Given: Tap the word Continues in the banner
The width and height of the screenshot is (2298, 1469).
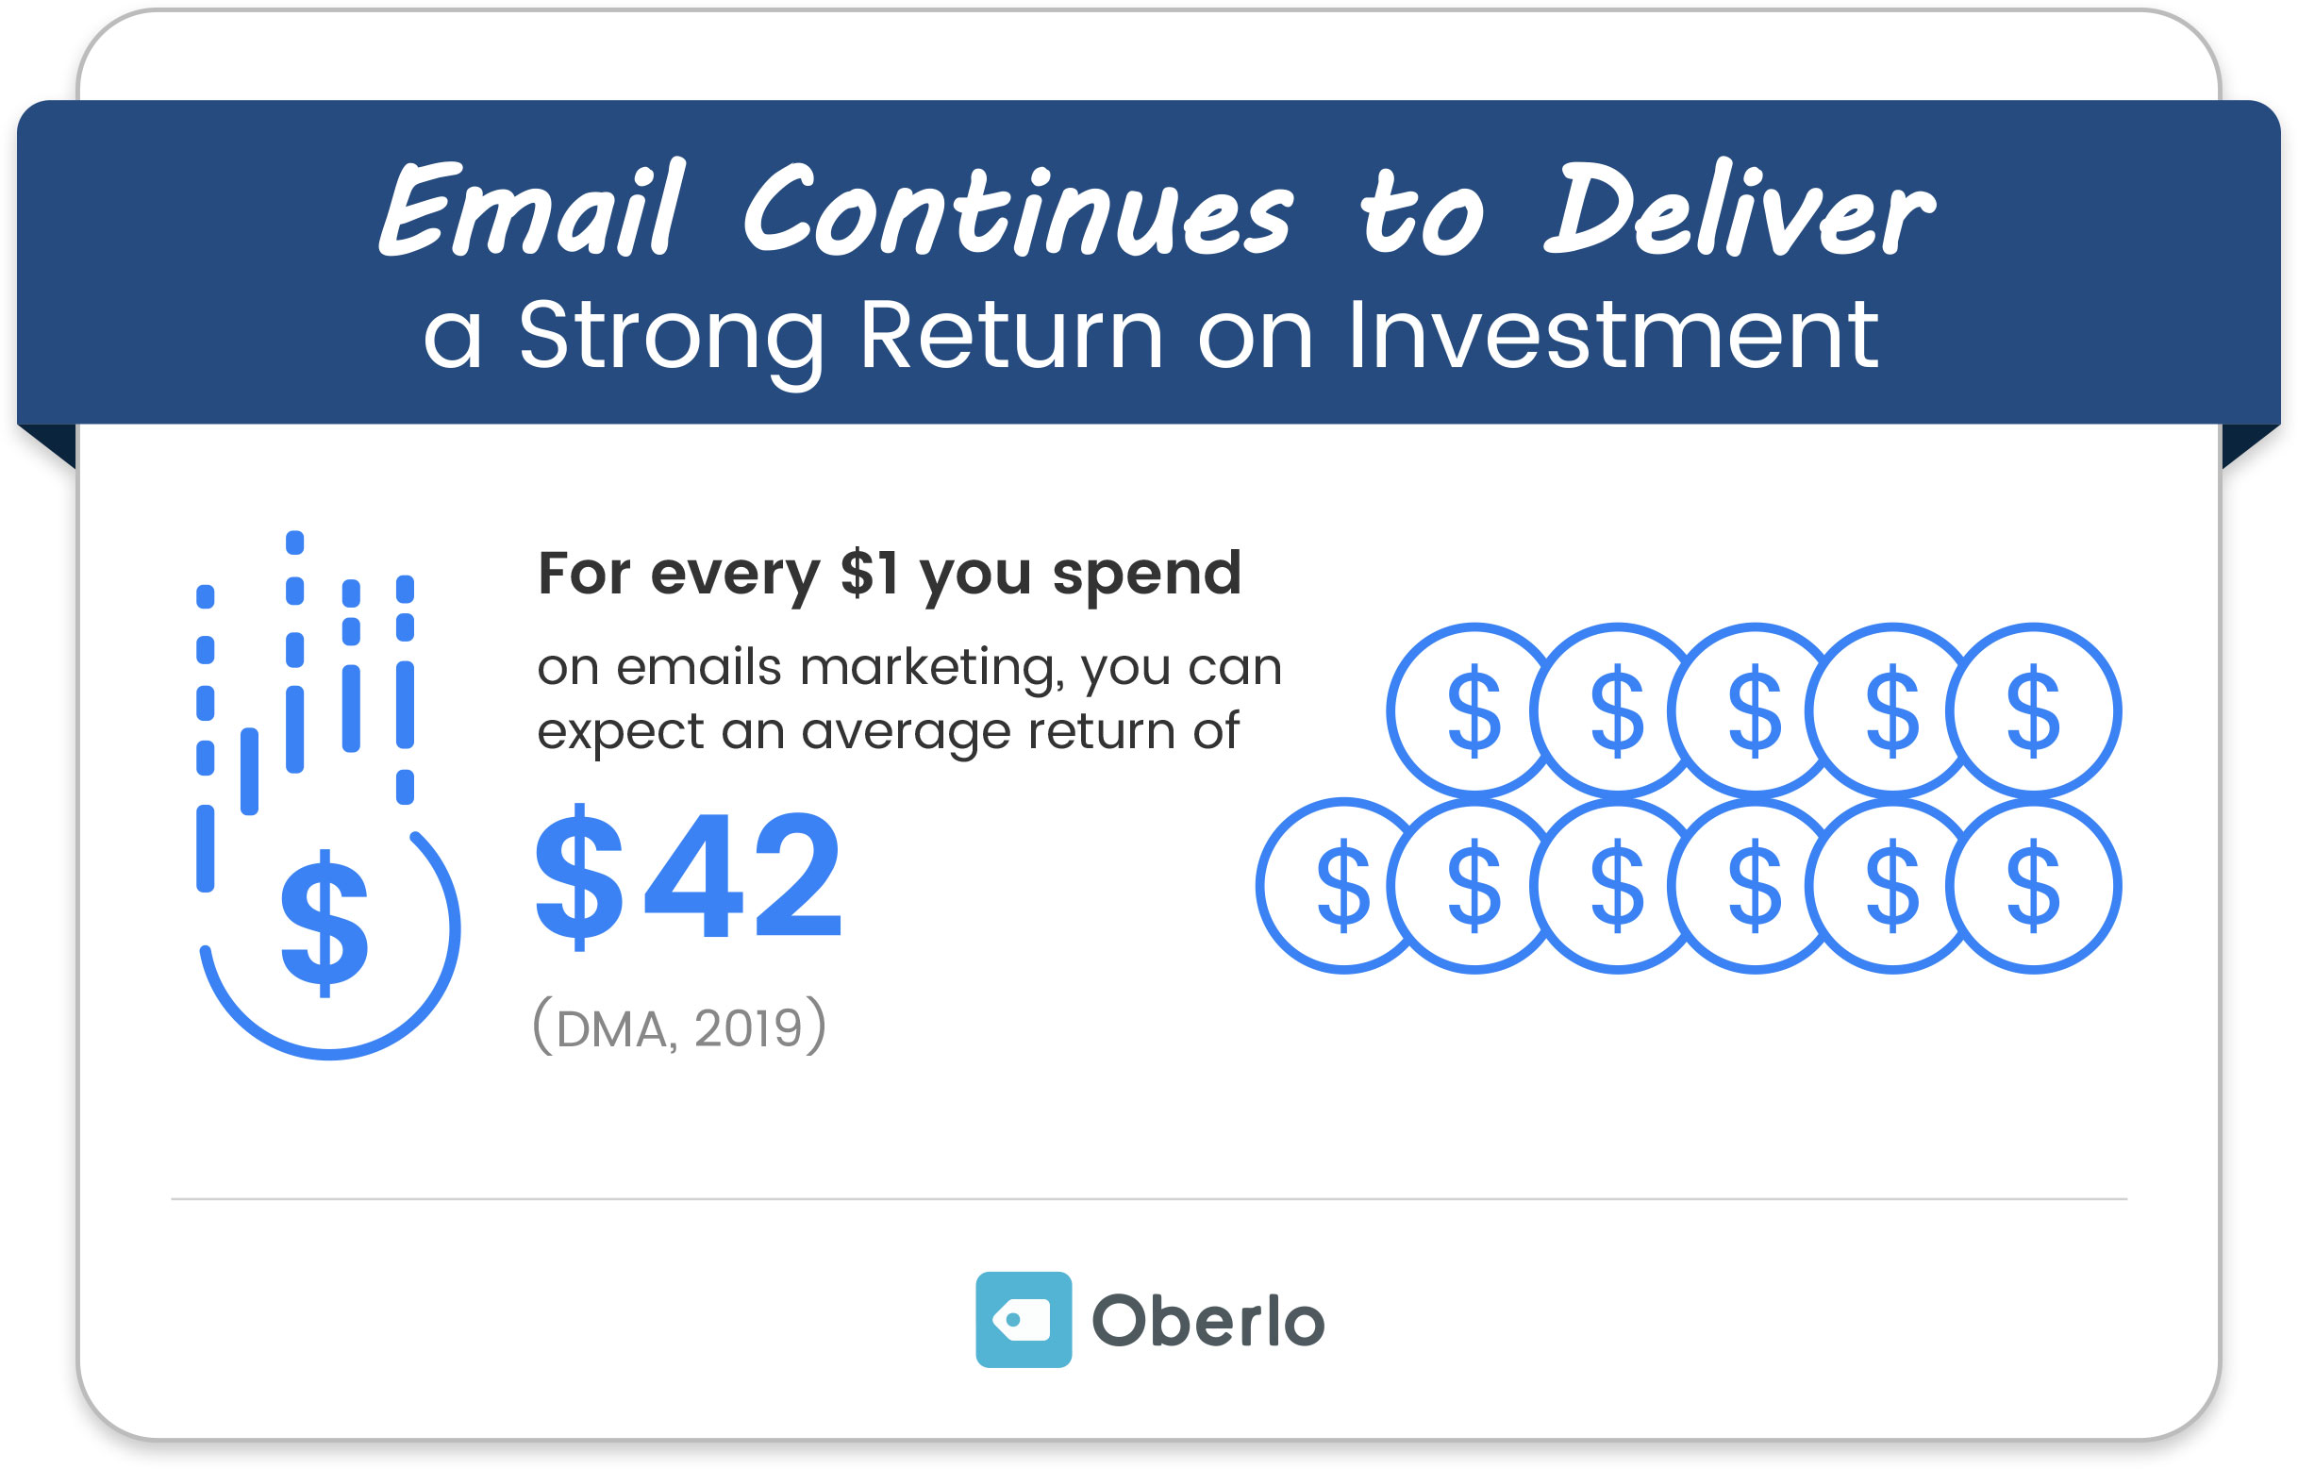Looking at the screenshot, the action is click(x=1017, y=210).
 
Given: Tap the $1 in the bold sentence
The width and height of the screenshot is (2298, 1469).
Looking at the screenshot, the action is click(x=869, y=574).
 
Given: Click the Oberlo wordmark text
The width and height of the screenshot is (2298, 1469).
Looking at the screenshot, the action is click(x=1208, y=1321).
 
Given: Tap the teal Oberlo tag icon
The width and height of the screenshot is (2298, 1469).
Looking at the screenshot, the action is click(x=1023, y=1319).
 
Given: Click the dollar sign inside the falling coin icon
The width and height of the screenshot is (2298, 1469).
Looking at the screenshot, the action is click(x=324, y=923).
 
